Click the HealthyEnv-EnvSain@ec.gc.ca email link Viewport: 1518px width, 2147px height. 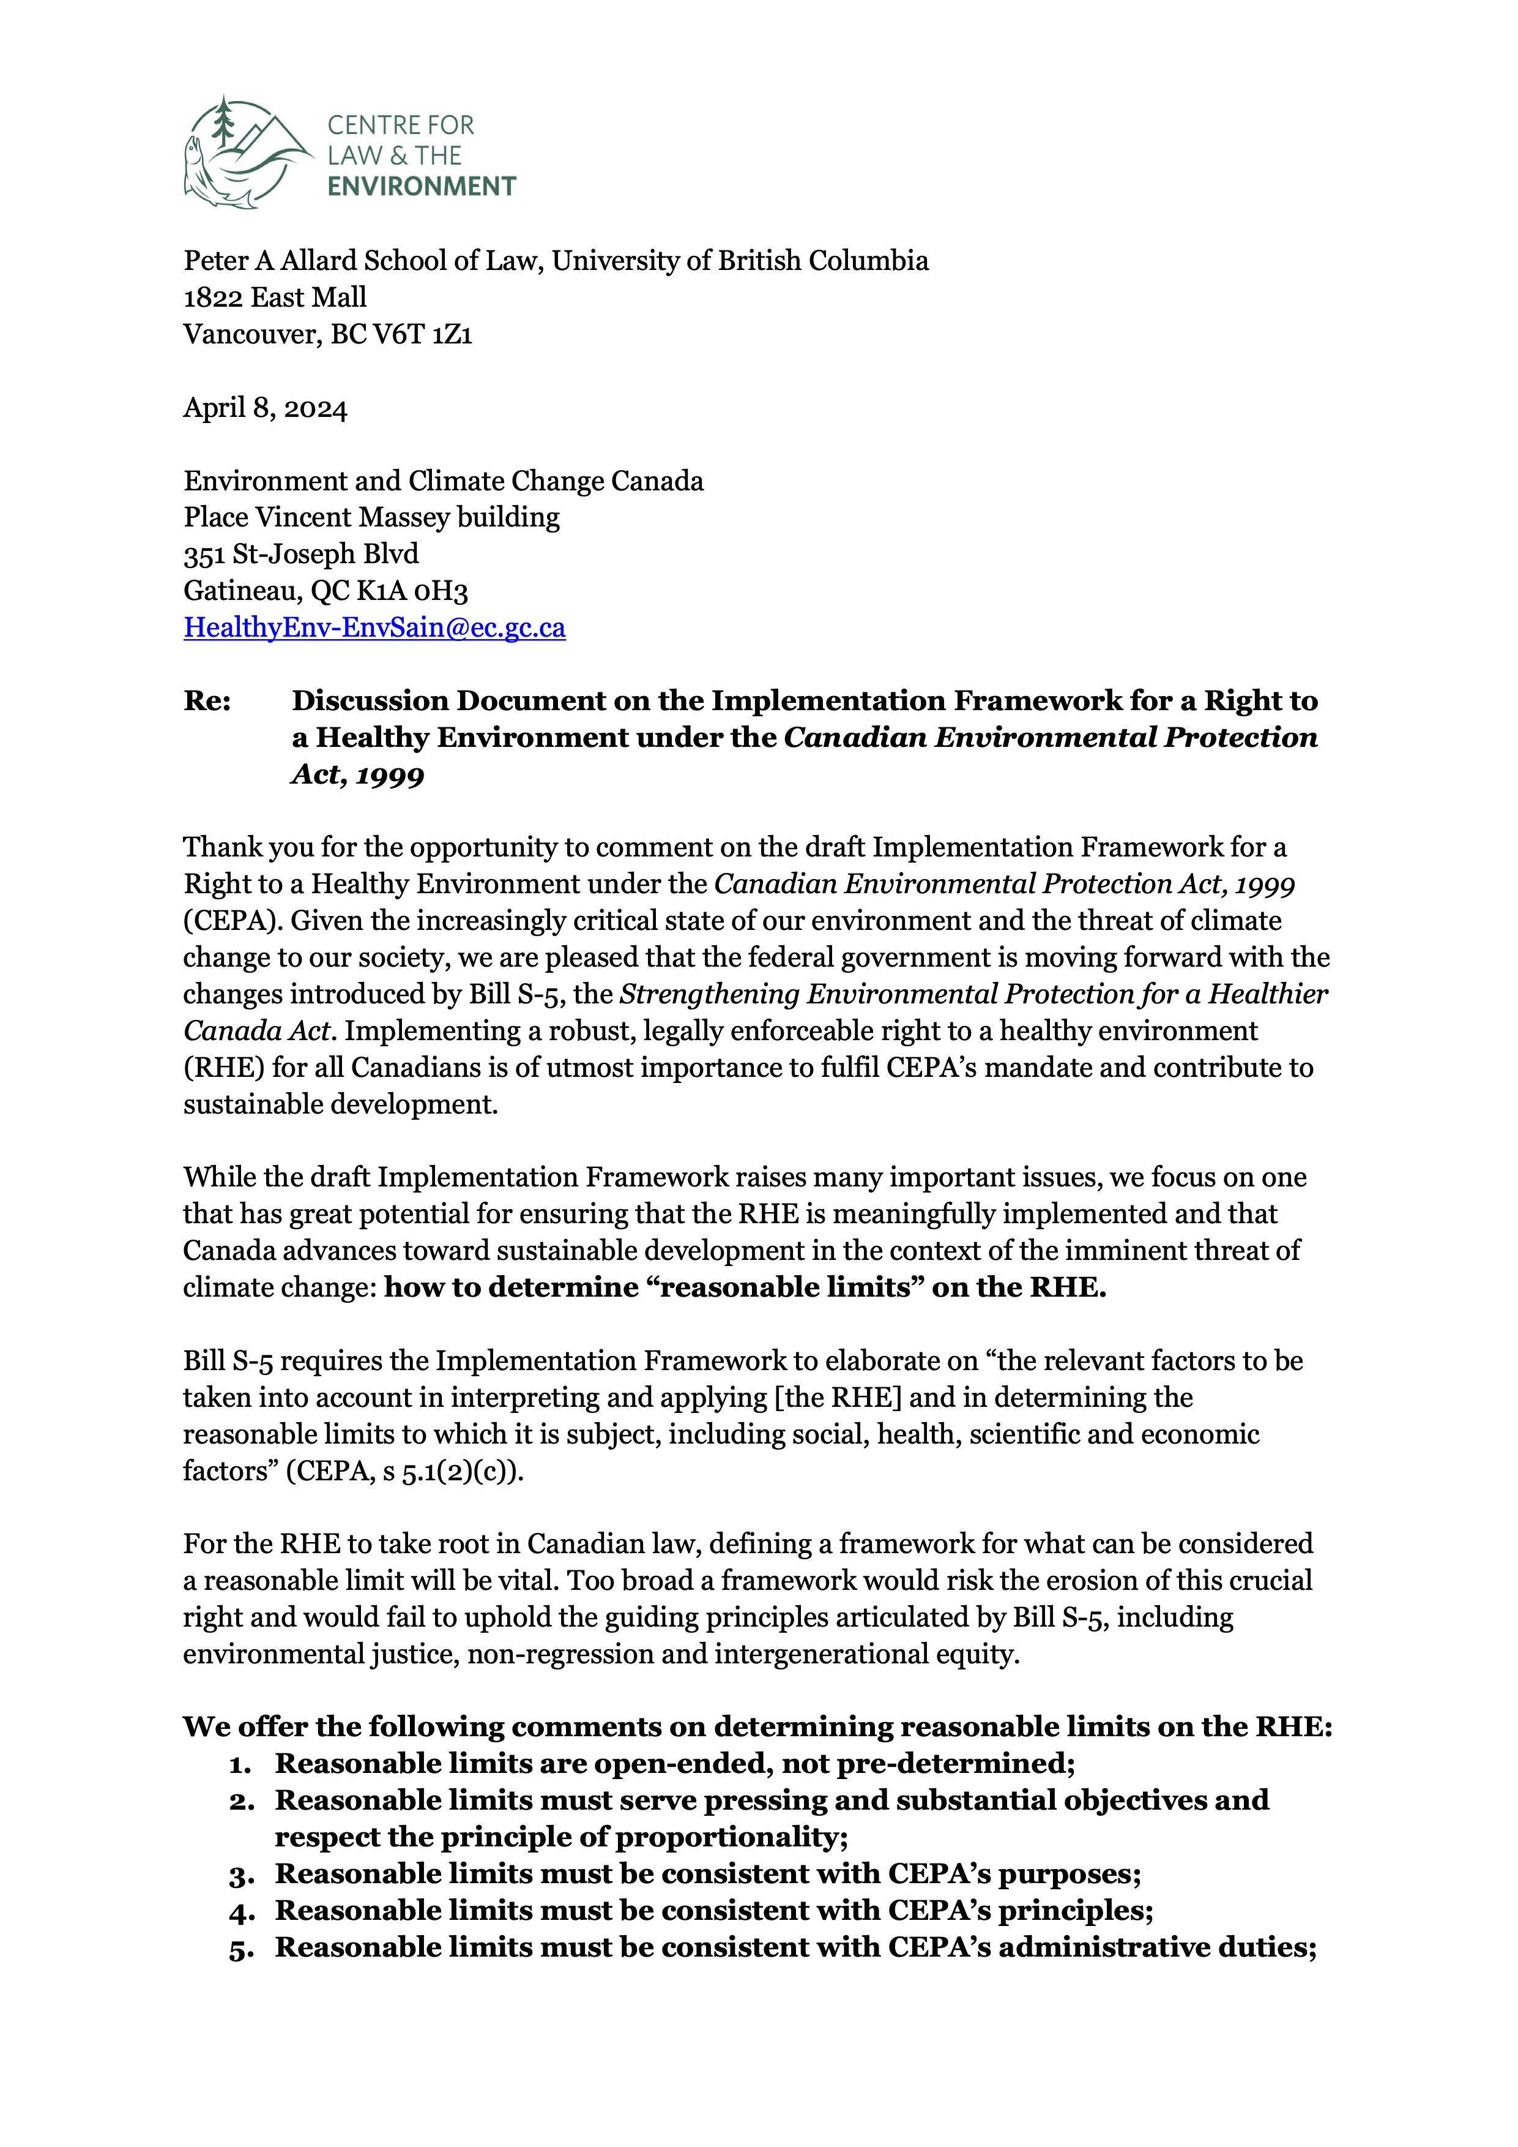(x=374, y=628)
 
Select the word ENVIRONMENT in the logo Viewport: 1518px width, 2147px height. (x=422, y=186)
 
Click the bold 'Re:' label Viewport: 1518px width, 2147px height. (x=207, y=702)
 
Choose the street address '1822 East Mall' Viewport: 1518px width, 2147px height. (x=275, y=298)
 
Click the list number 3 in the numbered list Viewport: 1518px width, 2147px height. (x=241, y=1875)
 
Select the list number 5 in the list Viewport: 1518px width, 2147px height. (x=241, y=1949)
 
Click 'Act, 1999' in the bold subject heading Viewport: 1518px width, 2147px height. (x=357, y=775)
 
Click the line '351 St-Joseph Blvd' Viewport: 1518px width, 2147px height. (x=301, y=555)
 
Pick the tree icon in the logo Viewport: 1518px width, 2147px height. (x=223, y=122)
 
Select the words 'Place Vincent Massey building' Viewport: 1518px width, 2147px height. (x=371, y=517)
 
